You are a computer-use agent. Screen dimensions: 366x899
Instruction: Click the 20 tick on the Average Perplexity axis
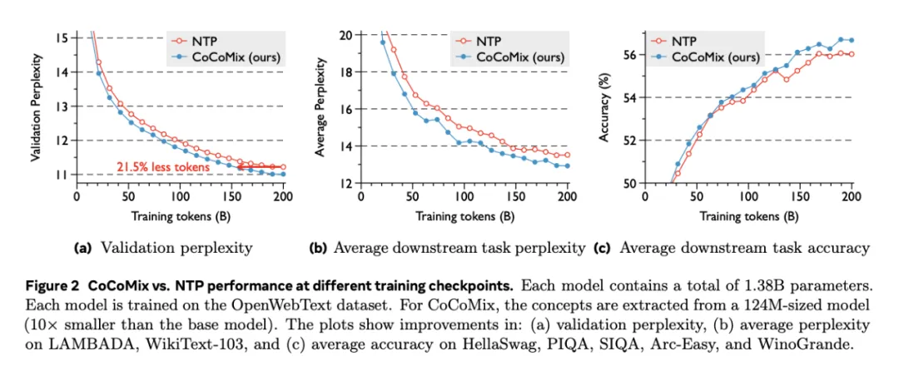click(x=345, y=34)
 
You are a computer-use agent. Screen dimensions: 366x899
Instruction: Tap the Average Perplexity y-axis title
click(x=323, y=106)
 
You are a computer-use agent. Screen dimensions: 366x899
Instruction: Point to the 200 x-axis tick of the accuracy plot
click(x=852, y=198)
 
